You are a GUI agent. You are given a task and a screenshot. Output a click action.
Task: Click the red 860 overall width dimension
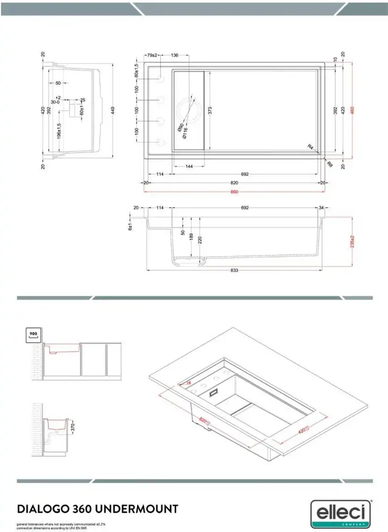tap(234, 192)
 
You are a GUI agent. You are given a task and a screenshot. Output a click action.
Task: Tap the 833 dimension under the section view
tap(234, 270)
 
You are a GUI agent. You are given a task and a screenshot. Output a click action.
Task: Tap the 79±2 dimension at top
tap(151, 55)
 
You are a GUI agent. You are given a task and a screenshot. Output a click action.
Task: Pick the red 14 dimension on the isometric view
tap(188, 382)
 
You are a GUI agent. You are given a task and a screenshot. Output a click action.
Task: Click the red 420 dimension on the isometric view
tap(304, 430)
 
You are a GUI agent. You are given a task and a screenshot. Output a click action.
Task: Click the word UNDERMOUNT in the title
tap(140, 508)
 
